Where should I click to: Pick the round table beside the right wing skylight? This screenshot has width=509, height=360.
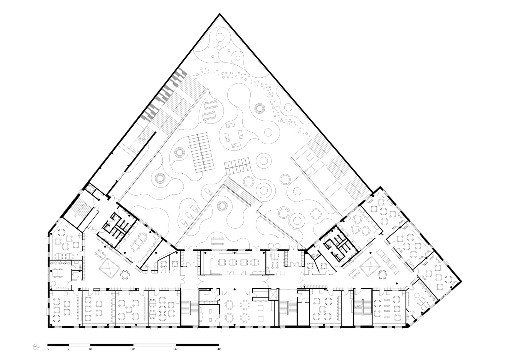[382, 274]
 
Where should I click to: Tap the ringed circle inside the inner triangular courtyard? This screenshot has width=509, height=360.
[223, 206]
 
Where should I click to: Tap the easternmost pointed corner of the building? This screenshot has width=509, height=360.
[461, 281]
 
